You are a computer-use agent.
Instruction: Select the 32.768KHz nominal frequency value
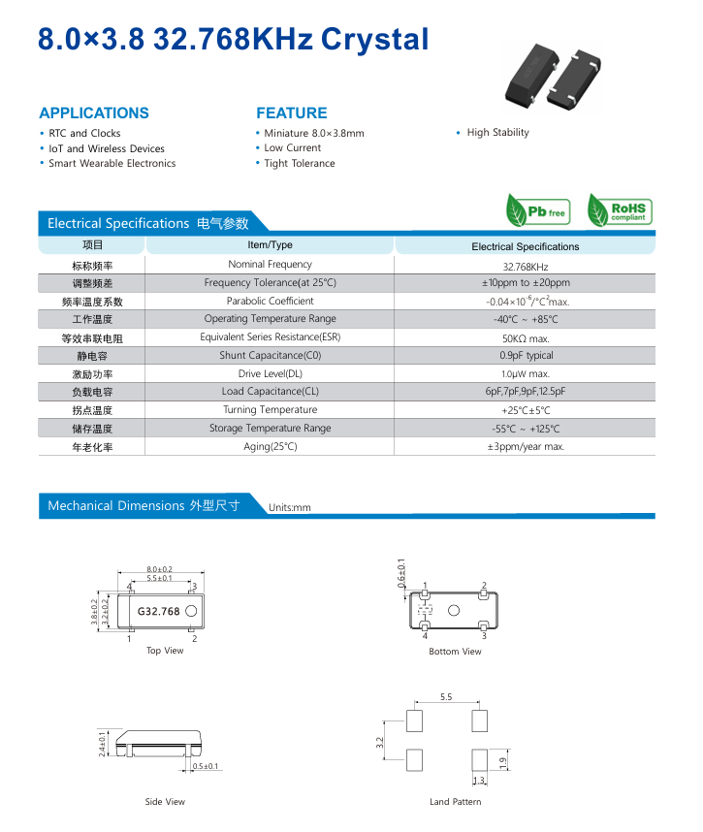click(x=525, y=267)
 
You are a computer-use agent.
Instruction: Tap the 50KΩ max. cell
click(x=525, y=338)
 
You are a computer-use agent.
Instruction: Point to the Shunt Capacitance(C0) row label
click(x=270, y=356)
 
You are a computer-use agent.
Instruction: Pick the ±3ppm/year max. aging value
click(x=525, y=447)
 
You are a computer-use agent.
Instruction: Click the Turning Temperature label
click(x=270, y=410)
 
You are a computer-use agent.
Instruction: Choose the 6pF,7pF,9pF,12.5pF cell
click(x=525, y=392)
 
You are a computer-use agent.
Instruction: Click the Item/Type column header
click(x=270, y=245)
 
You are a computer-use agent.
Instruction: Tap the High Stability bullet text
click(x=497, y=133)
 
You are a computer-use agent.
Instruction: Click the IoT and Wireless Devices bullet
click(x=107, y=148)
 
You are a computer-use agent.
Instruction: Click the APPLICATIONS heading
click(x=94, y=112)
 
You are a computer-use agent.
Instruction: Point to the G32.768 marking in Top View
click(x=158, y=612)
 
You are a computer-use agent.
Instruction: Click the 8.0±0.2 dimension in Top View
click(x=160, y=569)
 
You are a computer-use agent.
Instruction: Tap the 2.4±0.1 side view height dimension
click(x=103, y=745)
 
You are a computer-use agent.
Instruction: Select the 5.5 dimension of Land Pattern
click(x=445, y=697)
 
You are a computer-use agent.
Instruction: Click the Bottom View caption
click(x=455, y=652)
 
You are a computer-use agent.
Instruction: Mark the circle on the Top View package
click(x=191, y=611)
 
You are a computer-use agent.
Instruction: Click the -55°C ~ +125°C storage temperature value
click(x=525, y=429)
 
